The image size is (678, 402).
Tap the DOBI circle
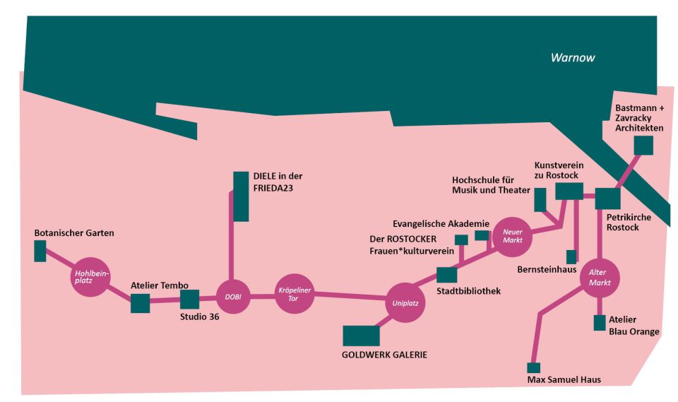(x=232, y=297)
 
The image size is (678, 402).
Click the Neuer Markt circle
(x=511, y=235)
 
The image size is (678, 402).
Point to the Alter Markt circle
(x=599, y=278)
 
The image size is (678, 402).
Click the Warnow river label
(x=573, y=57)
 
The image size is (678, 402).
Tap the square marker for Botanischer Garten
(x=40, y=250)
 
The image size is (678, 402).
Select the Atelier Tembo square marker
(x=141, y=303)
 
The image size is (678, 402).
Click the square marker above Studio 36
(x=190, y=300)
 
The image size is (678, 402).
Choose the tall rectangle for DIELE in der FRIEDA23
(x=241, y=196)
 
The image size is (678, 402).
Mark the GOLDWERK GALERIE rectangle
(x=361, y=336)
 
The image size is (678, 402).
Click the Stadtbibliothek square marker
(x=447, y=275)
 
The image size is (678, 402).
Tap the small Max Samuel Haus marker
(x=534, y=367)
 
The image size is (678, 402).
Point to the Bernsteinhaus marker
(x=572, y=256)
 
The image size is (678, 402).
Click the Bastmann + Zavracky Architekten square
(x=643, y=145)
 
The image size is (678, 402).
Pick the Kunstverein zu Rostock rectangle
(x=569, y=191)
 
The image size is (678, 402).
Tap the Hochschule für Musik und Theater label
(x=491, y=184)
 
